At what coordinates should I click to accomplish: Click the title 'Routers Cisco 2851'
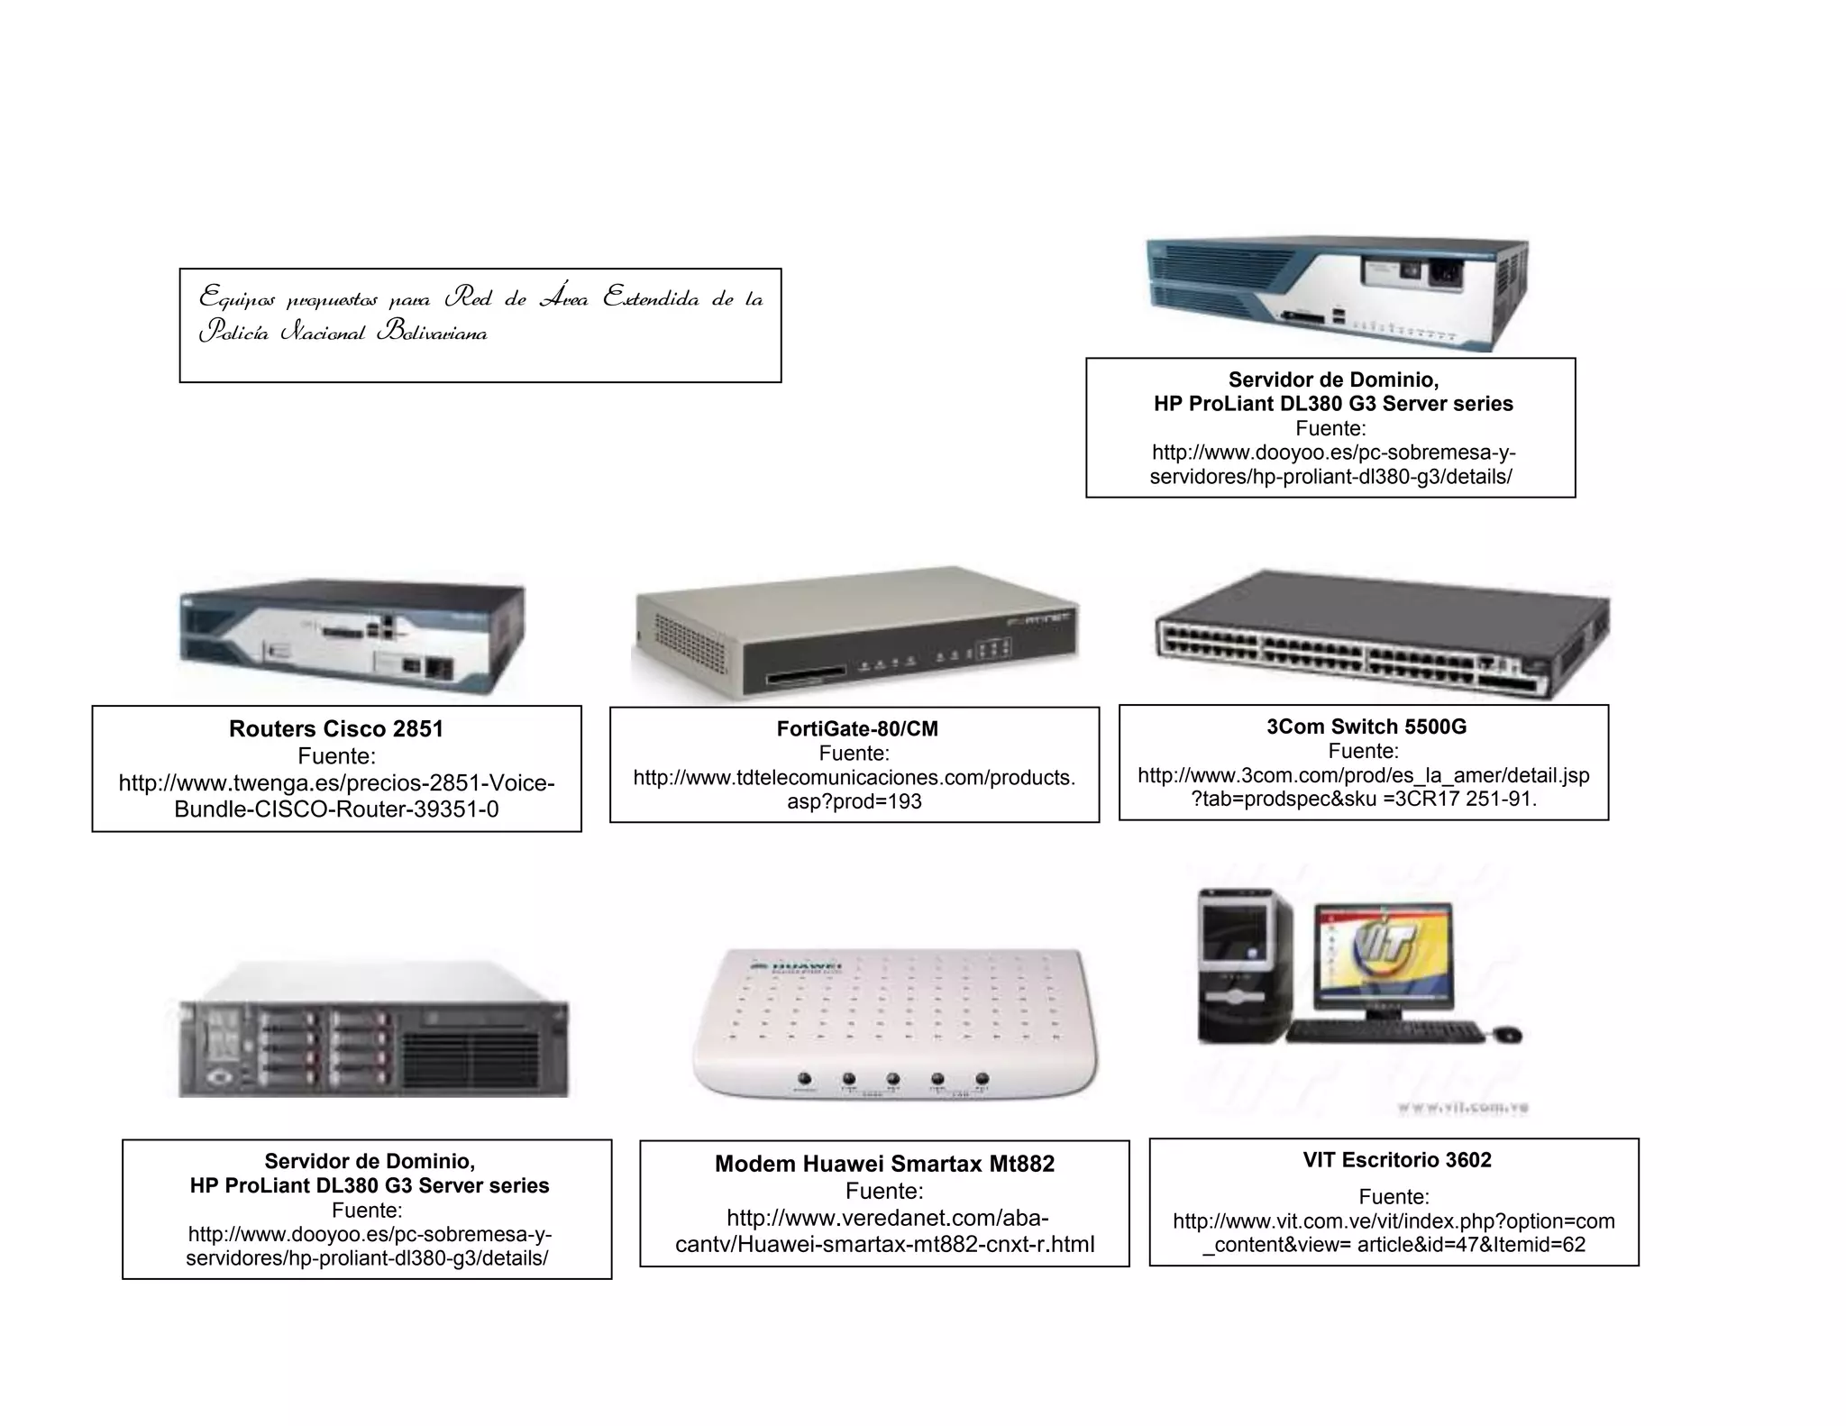pos(336,729)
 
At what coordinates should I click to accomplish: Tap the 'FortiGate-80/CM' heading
pos(856,729)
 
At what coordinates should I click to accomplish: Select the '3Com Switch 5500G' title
pos(1366,727)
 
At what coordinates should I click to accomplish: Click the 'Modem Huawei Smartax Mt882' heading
pos(884,1164)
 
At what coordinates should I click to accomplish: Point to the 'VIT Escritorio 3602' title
pos(1396,1160)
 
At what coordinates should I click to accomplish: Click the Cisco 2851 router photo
pos(352,636)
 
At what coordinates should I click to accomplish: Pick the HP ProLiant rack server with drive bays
pos(373,1032)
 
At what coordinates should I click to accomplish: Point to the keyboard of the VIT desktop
pos(1384,1031)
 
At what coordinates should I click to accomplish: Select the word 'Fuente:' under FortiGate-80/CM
pos(854,754)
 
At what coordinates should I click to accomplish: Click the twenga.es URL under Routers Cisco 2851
pos(336,796)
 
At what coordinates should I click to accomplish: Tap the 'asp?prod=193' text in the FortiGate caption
pos(854,801)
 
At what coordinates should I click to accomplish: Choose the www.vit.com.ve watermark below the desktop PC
pos(1462,1108)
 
